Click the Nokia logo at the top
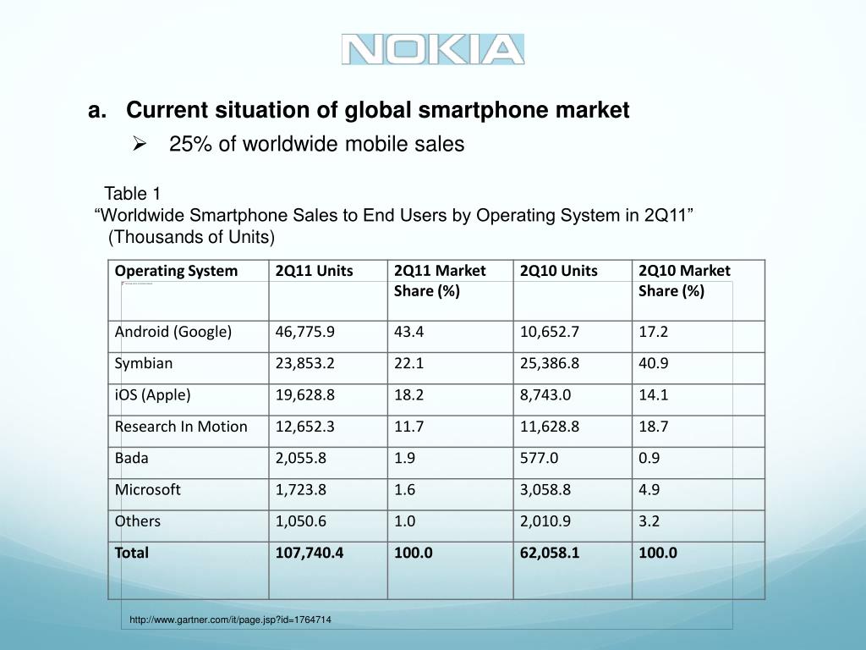pyautogui.click(x=433, y=49)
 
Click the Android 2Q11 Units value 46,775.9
pyautogui.click(x=305, y=332)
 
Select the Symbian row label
pyautogui.click(x=144, y=363)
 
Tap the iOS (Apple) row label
pyautogui.click(x=153, y=394)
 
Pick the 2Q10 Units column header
pyautogui.click(x=558, y=271)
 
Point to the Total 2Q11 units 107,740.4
pyautogui.click(x=310, y=553)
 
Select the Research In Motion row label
pyautogui.click(x=181, y=427)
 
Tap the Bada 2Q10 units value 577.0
pyautogui.click(x=539, y=458)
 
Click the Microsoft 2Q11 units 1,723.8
pyautogui.click(x=301, y=489)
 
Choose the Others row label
pyautogui.click(x=138, y=521)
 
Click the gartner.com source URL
pyautogui.click(x=230, y=620)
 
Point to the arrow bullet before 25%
pyautogui.click(x=140, y=145)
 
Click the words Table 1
pyautogui.click(x=132, y=193)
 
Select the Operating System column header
pyautogui.click(x=176, y=271)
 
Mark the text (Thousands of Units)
pyautogui.click(x=192, y=236)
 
